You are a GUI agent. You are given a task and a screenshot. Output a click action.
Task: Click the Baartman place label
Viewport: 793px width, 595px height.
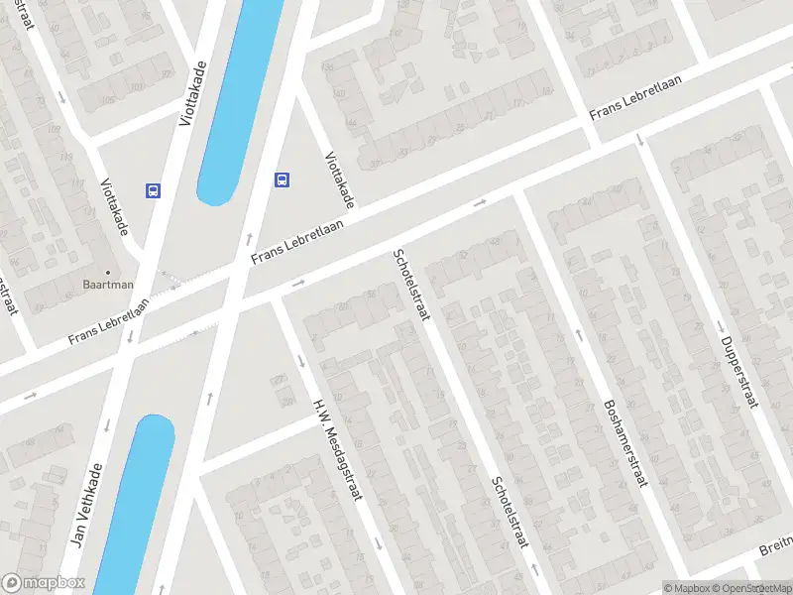(107, 285)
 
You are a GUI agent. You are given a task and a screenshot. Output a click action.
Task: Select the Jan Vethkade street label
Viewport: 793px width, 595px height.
(88, 506)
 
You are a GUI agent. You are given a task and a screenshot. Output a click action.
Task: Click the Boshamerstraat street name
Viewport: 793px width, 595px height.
(623, 444)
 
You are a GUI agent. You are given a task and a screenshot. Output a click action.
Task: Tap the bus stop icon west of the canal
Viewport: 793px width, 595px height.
(153, 190)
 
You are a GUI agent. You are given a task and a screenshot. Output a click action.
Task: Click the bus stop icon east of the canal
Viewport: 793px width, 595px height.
(283, 179)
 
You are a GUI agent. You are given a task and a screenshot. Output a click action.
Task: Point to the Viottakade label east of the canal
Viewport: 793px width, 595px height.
(339, 179)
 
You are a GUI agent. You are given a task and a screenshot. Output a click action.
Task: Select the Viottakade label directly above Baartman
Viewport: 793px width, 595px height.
(115, 206)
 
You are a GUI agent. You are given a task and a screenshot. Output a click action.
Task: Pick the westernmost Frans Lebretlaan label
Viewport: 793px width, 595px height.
(108, 322)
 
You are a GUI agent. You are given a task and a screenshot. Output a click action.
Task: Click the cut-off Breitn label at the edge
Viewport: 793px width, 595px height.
(776, 542)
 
